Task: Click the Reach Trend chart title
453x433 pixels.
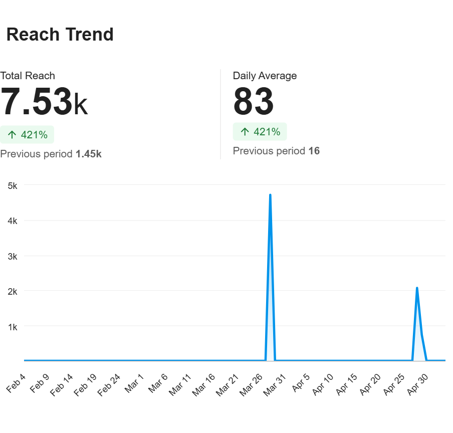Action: coord(60,35)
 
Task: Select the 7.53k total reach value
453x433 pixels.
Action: coord(44,102)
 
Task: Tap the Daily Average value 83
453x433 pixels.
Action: coord(254,102)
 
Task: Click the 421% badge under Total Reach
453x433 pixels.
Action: coord(27,135)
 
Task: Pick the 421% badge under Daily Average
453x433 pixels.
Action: coord(260,132)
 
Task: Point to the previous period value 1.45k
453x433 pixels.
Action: coord(89,154)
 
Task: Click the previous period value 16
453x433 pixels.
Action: coord(314,151)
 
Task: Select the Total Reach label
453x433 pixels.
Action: coord(28,76)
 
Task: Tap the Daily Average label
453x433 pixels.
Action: coord(265,76)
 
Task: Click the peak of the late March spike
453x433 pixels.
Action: coord(270,195)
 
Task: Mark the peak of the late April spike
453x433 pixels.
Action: coord(417,288)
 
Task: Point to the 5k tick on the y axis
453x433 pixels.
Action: coord(13,185)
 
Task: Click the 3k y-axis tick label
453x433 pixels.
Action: coord(13,256)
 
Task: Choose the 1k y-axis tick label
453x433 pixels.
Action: coord(13,327)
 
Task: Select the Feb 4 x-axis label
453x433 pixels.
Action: coord(16,383)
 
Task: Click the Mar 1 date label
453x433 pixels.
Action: coord(134,383)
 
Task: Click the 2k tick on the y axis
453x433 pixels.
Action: coord(13,291)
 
